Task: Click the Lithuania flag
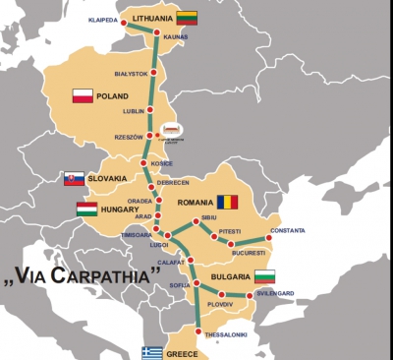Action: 188,16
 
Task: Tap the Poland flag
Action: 83,95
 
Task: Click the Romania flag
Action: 228,201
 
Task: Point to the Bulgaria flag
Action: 265,276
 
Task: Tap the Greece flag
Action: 151,352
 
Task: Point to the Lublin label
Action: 134,110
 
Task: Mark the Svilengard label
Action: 276,294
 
